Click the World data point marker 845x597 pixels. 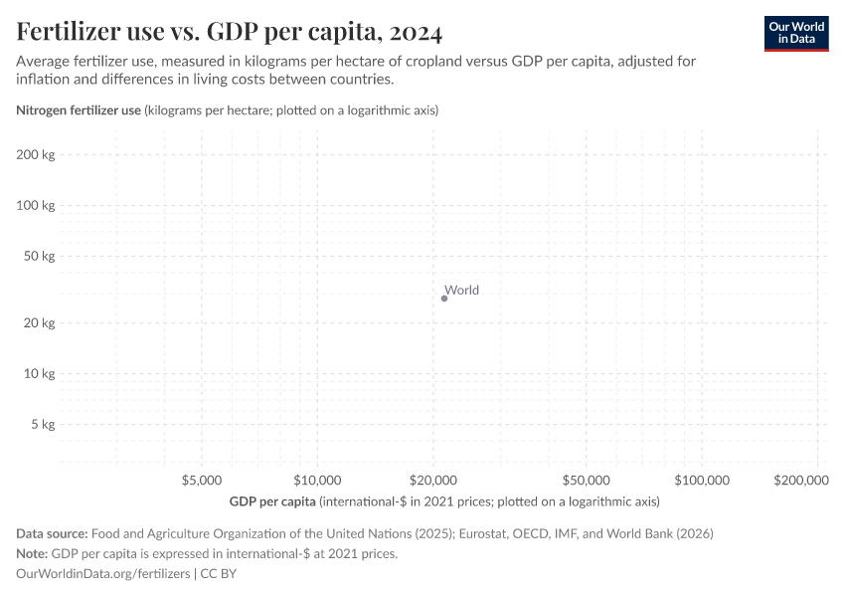pyautogui.click(x=444, y=298)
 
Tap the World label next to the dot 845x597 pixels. pyautogui.click(x=461, y=291)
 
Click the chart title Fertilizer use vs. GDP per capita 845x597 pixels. pyautogui.click(x=230, y=32)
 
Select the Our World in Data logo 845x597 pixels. pyautogui.click(x=795, y=33)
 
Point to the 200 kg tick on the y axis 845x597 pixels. pyautogui.click(x=35, y=155)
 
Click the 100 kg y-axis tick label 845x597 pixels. pyautogui.click(x=35, y=205)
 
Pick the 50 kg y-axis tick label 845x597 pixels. pyautogui.click(x=38, y=256)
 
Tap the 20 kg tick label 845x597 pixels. pyautogui.click(x=38, y=323)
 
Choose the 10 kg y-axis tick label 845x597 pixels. pyautogui.click(x=38, y=373)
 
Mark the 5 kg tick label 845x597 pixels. pyautogui.click(x=41, y=424)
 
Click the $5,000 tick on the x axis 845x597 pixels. pyautogui.click(x=202, y=481)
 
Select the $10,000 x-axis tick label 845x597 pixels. pyautogui.click(x=318, y=481)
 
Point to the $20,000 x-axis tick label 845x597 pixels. pyautogui.click(x=433, y=481)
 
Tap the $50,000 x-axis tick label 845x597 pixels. pyautogui.click(x=587, y=481)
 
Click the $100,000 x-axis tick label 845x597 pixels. pyautogui.click(x=702, y=481)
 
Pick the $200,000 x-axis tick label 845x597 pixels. pyautogui.click(x=801, y=481)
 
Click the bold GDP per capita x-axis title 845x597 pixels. pyautogui.click(x=272, y=500)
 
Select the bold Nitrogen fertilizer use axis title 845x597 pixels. pyautogui.click(x=79, y=110)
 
